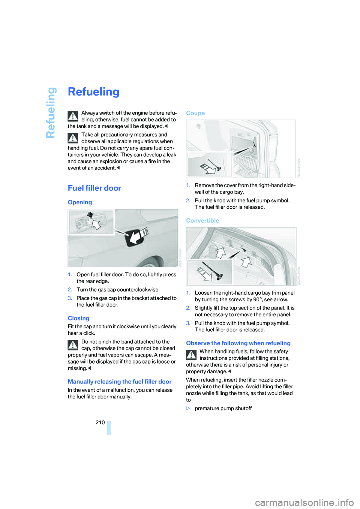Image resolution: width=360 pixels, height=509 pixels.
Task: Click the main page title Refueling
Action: click(x=93, y=92)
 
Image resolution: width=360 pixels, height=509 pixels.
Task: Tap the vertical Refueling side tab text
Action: click(x=51, y=112)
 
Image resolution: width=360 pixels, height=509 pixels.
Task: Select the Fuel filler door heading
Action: click(x=94, y=188)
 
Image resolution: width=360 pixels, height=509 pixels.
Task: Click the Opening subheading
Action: click(x=79, y=202)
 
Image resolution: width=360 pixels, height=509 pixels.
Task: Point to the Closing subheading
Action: click(x=78, y=318)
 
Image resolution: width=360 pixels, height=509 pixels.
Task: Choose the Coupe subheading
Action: click(x=195, y=113)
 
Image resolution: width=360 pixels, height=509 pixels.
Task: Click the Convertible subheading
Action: click(x=202, y=221)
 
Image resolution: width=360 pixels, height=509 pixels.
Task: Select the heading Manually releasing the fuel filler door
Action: click(x=120, y=382)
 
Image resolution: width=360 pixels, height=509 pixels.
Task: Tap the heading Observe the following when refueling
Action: click(x=238, y=343)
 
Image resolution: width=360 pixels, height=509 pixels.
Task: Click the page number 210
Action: click(x=100, y=422)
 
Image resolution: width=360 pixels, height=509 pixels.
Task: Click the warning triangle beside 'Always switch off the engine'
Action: click(x=73, y=116)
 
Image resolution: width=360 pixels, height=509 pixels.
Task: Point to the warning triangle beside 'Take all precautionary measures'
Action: click(x=73, y=138)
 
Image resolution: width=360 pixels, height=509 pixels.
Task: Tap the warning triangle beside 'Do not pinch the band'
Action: click(x=73, y=345)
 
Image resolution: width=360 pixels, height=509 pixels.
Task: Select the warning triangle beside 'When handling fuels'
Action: click(x=191, y=355)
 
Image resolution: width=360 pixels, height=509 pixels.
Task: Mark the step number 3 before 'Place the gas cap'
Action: click(x=70, y=298)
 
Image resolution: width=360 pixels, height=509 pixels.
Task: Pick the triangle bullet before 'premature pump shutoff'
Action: click(x=188, y=409)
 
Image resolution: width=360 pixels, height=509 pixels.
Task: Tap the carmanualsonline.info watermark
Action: click(x=304, y=502)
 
